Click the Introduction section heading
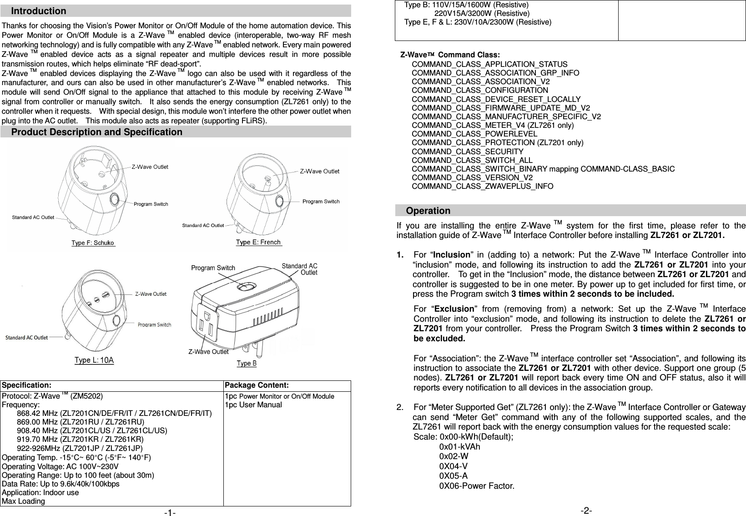pyautogui.click(x=39, y=11)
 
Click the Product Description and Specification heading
pyautogui.click(x=96, y=132)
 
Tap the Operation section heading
pyautogui.click(x=428, y=211)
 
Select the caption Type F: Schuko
pyautogui.click(x=93, y=243)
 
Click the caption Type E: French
pyautogui.click(x=258, y=243)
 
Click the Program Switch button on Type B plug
pyautogui.click(x=246, y=288)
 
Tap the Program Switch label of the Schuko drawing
pyautogui.click(x=151, y=204)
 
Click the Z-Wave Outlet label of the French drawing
pyautogui.click(x=319, y=172)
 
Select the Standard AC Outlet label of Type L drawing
pyautogui.click(x=26, y=338)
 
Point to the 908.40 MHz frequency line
pyautogui.click(x=91, y=430)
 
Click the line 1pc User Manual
pyautogui.click(x=253, y=405)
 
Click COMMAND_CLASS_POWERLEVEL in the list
pyautogui.click(x=474, y=134)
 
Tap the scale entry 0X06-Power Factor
pyautogui.click(x=477, y=486)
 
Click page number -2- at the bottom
pyautogui.click(x=586, y=511)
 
